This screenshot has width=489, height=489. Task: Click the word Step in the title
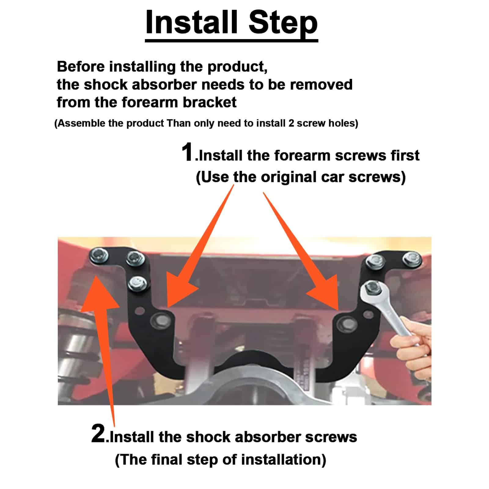point(283,24)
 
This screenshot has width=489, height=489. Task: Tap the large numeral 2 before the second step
point(98,433)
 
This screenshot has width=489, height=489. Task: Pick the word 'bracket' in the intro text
point(209,102)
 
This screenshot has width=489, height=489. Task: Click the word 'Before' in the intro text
point(81,67)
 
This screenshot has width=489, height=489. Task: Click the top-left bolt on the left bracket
point(99,256)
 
